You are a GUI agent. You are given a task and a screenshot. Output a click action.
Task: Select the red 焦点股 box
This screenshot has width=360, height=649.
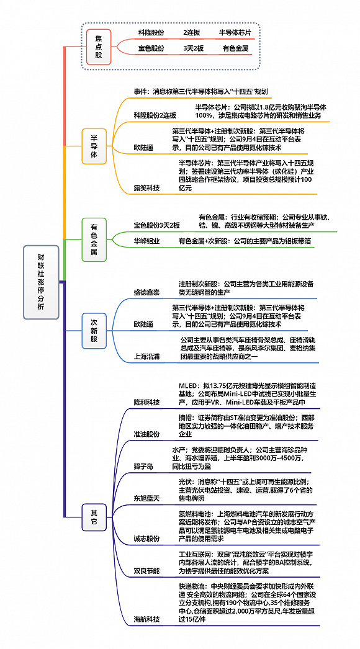pos(99,47)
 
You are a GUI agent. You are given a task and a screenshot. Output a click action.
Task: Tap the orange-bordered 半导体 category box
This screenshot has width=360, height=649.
pos(94,146)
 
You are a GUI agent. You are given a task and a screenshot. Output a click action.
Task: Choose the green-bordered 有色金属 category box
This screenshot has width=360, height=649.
pos(94,239)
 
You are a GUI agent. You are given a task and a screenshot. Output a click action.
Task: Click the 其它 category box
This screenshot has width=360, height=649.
pos(94,517)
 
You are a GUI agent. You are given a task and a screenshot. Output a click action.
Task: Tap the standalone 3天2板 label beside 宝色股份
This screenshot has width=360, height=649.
pos(194,48)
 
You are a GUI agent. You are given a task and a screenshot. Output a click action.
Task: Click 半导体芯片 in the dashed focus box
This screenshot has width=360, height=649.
pos(235,32)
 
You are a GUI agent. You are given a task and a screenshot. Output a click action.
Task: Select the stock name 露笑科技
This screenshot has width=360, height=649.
pos(146,188)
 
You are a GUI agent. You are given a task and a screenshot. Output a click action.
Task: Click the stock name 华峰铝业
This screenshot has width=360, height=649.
pos(146,241)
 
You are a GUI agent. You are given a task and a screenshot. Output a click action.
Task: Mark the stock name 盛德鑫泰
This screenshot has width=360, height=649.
pos(146,292)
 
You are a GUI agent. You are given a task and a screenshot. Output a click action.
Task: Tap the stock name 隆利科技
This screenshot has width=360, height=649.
pos(146,402)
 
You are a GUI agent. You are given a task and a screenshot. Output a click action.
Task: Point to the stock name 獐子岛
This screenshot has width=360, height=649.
pos(143,467)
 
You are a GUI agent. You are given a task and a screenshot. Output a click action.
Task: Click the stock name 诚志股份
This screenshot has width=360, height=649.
pos(146,539)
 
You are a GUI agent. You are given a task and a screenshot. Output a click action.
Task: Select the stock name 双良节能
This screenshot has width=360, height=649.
pos(146,571)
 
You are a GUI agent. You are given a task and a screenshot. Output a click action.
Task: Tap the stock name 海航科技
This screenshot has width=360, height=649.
pos(146,620)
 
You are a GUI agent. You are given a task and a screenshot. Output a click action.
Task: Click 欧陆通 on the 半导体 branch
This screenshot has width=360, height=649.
pos(143,148)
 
